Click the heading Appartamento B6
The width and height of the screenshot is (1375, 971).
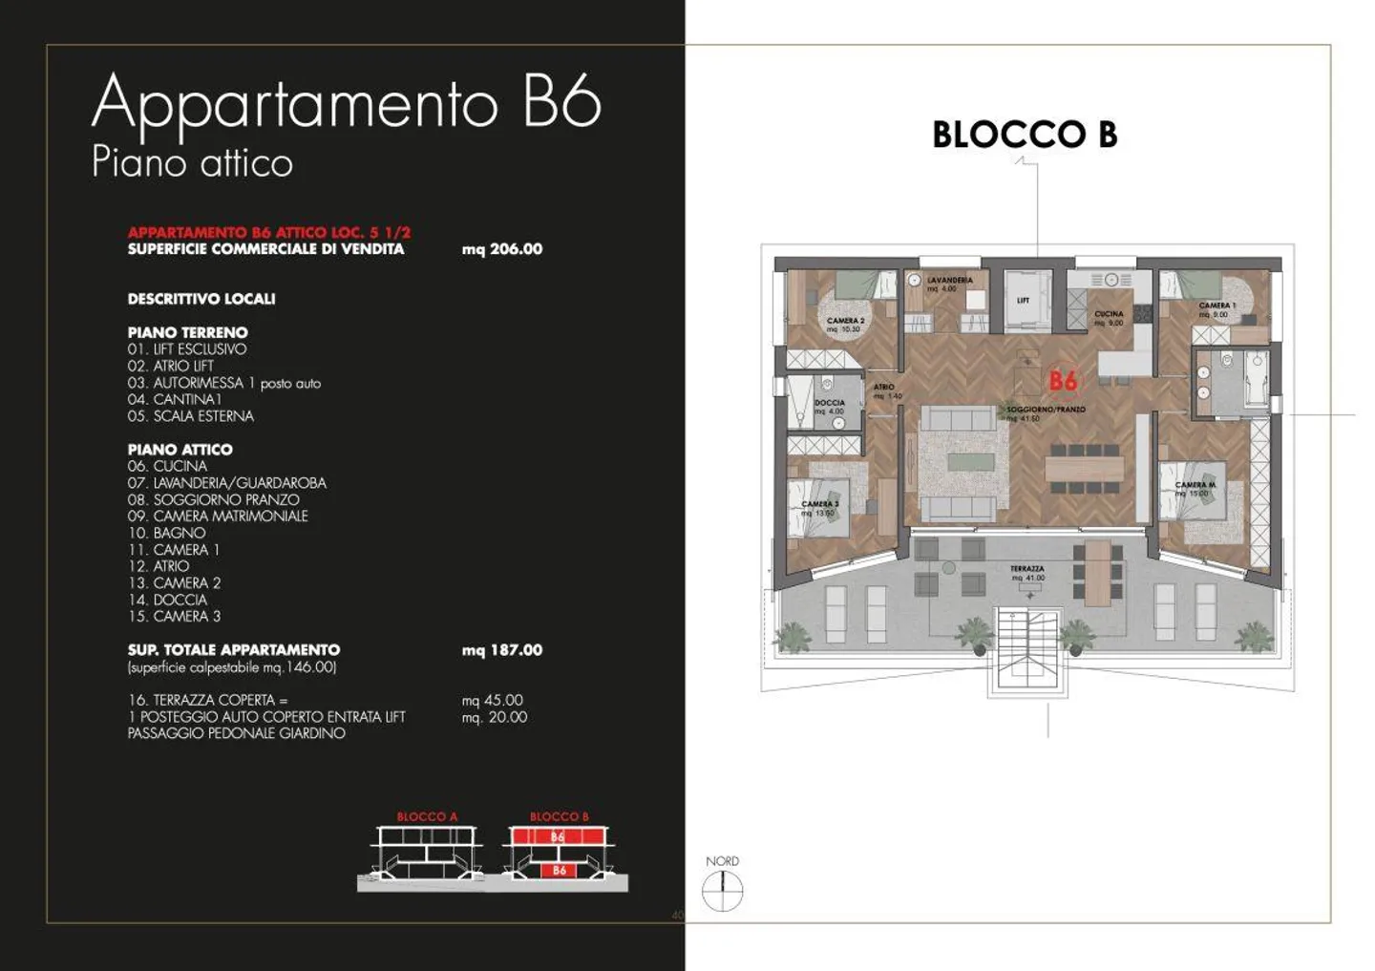(346, 103)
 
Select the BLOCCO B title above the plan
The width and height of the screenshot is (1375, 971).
(1024, 135)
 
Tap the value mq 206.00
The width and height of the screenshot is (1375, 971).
(501, 249)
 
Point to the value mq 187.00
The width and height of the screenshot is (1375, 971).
(501, 650)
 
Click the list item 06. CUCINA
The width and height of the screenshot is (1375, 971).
(167, 466)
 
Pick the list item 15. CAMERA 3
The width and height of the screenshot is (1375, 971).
(174, 617)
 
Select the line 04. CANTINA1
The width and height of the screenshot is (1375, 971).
(174, 400)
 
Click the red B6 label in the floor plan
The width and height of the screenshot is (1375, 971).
(1063, 381)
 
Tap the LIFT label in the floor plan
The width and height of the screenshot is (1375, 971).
(1023, 301)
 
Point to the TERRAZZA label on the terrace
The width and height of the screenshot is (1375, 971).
(1026, 569)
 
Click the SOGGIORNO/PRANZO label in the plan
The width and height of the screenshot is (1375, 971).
(1046, 410)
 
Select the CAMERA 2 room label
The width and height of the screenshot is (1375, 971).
(845, 322)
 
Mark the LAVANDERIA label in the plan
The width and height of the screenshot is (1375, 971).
(949, 281)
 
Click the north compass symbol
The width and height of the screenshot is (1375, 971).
(722, 892)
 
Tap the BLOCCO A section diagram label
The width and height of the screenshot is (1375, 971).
(427, 817)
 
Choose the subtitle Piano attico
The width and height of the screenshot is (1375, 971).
(192, 162)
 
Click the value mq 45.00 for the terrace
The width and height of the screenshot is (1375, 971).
(492, 701)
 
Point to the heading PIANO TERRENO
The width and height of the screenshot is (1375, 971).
(187, 333)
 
